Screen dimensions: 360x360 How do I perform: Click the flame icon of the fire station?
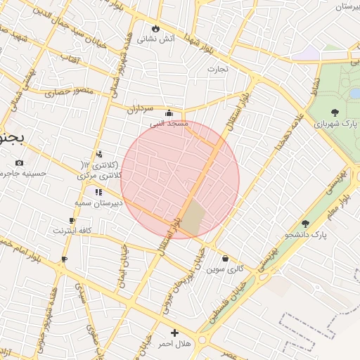click(x=155, y=28)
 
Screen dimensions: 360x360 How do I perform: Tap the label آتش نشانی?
click(x=156, y=39)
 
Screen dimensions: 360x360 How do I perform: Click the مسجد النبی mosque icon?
click(x=169, y=112)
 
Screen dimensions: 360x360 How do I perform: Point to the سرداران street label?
click(x=140, y=109)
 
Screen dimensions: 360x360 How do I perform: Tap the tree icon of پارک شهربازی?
click(x=334, y=112)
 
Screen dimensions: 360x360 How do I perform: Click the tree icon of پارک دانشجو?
click(x=304, y=224)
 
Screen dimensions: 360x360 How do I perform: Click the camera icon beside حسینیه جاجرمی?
click(x=18, y=163)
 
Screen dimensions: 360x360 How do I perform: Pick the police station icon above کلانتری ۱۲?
click(x=98, y=153)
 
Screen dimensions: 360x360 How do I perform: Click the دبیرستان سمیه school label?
click(x=99, y=202)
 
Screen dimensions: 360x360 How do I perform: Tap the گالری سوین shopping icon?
click(x=225, y=259)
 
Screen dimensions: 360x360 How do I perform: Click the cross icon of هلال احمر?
click(x=174, y=333)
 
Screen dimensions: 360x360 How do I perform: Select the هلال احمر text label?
click(x=174, y=343)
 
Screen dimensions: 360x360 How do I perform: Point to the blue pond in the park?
click(x=354, y=94)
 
